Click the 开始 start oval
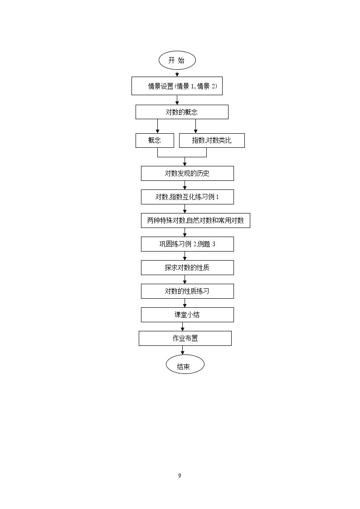click(177, 60)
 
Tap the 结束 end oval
click(185, 364)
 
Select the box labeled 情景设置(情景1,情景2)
click(177, 86)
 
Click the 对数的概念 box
click(182, 112)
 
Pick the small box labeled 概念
click(155, 141)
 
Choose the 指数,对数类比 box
click(212, 141)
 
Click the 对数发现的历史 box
click(187, 173)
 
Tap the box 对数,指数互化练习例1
click(187, 197)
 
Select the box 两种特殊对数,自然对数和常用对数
click(195, 221)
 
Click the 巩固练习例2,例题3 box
click(187, 244)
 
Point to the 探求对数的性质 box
click(187, 268)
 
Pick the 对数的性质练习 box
click(187, 291)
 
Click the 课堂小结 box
click(187, 315)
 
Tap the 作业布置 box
click(185, 338)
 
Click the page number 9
click(180, 475)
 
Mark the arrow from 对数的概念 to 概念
click(157, 126)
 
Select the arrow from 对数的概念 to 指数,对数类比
click(195, 126)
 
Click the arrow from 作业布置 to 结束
click(183, 350)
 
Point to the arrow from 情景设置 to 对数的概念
click(177, 100)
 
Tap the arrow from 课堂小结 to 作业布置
click(185, 326)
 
